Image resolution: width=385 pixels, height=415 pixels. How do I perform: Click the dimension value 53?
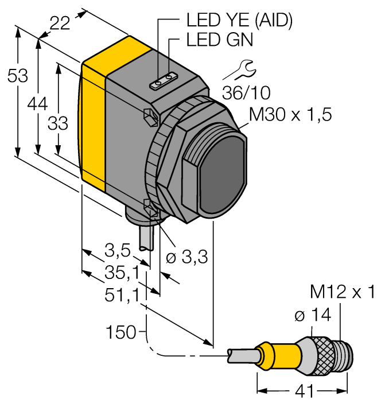click(x=17, y=76)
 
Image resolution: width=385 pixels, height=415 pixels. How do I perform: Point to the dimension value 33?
click(x=57, y=123)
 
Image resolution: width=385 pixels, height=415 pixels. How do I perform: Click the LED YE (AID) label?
click(x=239, y=20)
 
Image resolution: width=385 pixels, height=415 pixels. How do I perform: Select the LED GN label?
click(x=220, y=41)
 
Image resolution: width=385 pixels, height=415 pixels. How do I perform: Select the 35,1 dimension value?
click(x=119, y=271)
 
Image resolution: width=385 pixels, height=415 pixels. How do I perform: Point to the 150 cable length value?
click(x=120, y=332)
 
